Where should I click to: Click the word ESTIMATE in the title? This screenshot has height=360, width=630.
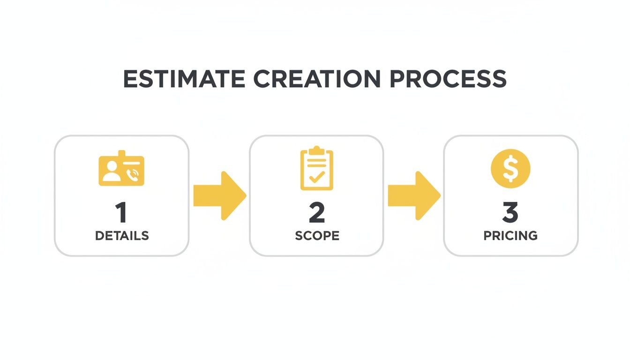(184, 79)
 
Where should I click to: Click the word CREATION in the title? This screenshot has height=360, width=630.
(316, 79)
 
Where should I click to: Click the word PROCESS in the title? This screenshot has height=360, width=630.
(448, 79)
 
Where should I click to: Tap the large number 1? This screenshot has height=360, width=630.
(121, 213)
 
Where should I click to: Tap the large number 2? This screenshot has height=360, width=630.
(317, 213)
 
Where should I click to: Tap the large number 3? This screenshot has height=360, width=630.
(510, 213)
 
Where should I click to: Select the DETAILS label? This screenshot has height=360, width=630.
(122, 236)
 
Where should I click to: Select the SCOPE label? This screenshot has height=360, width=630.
(317, 236)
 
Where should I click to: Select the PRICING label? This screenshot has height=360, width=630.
(510, 236)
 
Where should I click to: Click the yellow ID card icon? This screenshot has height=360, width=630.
(121, 170)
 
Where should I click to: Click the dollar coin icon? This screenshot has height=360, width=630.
(510, 169)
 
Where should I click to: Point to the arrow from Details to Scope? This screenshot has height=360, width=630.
(219, 195)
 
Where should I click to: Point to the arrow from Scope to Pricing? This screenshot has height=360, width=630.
(414, 195)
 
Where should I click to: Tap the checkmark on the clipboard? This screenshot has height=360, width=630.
(317, 177)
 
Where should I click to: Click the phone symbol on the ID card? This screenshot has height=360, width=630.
(134, 175)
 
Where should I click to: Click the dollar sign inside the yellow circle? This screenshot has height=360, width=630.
(510, 169)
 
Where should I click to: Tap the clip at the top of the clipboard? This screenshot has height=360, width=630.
(317, 150)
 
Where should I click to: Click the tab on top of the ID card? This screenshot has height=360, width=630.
(122, 153)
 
